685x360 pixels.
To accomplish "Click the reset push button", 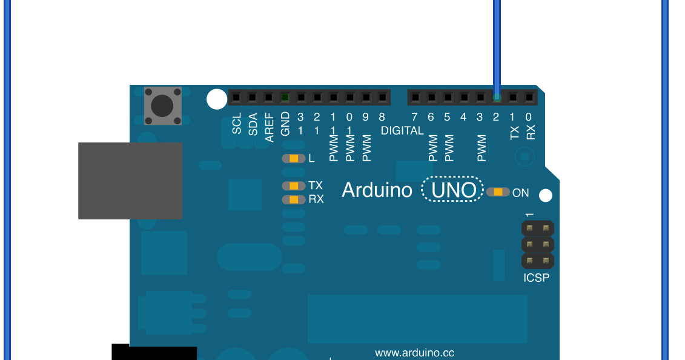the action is click(162, 106).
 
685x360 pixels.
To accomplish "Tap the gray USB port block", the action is click(130, 181).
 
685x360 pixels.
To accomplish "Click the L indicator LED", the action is click(294, 159).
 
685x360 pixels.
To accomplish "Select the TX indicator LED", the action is click(294, 186).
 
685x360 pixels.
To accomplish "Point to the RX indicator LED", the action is click(294, 199).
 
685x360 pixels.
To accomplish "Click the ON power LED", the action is click(498, 192).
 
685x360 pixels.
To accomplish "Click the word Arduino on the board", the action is click(377, 190).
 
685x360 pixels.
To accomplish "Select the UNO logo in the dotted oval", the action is click(453, 190).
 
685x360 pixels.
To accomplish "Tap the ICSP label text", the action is click(537, 279).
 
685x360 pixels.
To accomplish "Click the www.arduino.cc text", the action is click(414, 353).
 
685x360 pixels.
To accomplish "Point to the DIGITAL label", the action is click(402, 131).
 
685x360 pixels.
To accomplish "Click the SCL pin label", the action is click(237, 124).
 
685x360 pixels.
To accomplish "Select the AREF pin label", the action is click(270, 126).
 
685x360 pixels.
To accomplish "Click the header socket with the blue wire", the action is click(497, 97).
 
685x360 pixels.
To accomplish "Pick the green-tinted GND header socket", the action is click(285, 97).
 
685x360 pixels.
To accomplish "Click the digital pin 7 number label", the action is click(414, 117).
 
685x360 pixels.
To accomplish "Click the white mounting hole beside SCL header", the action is click(216, 99).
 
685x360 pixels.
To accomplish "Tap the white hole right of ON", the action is click(546, 195).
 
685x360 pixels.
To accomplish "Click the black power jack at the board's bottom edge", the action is click(154, 352).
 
